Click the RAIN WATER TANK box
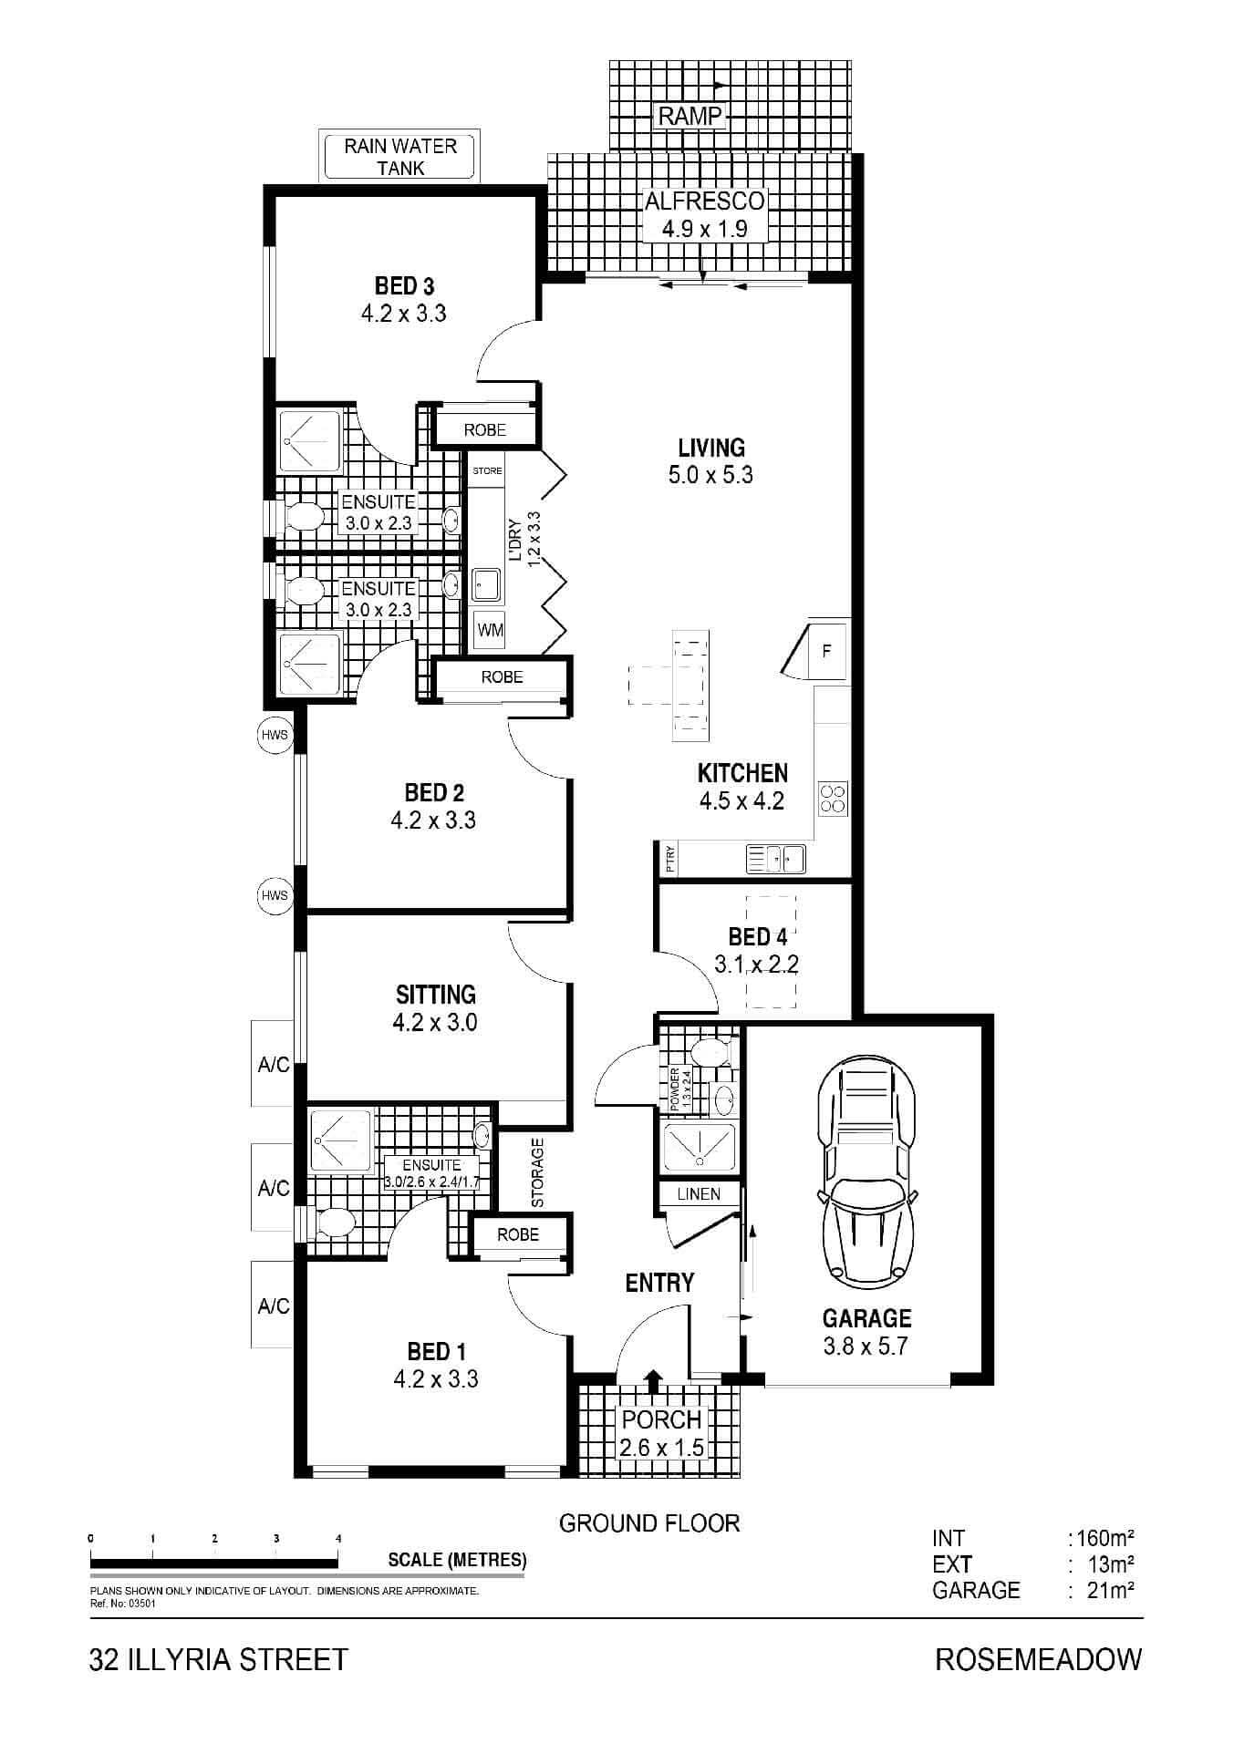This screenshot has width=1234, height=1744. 400,157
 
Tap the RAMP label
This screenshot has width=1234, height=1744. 690,116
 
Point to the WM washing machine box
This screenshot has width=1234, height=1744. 491,630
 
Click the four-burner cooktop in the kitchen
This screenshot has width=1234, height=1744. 834,799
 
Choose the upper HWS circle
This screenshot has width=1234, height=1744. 275,735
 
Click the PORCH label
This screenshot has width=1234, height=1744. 661,1419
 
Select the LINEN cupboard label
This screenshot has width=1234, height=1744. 700,1194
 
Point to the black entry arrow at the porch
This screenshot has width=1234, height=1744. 653,1381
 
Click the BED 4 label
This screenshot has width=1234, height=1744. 757,936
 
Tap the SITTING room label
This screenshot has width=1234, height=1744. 436,994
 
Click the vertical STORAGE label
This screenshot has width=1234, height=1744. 537,1172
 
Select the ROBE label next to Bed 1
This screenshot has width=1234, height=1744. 518,1234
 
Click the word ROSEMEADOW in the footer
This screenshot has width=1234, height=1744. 1039,1659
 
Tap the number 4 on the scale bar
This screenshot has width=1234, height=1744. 338,1538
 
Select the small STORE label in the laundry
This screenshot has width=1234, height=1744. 487,471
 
